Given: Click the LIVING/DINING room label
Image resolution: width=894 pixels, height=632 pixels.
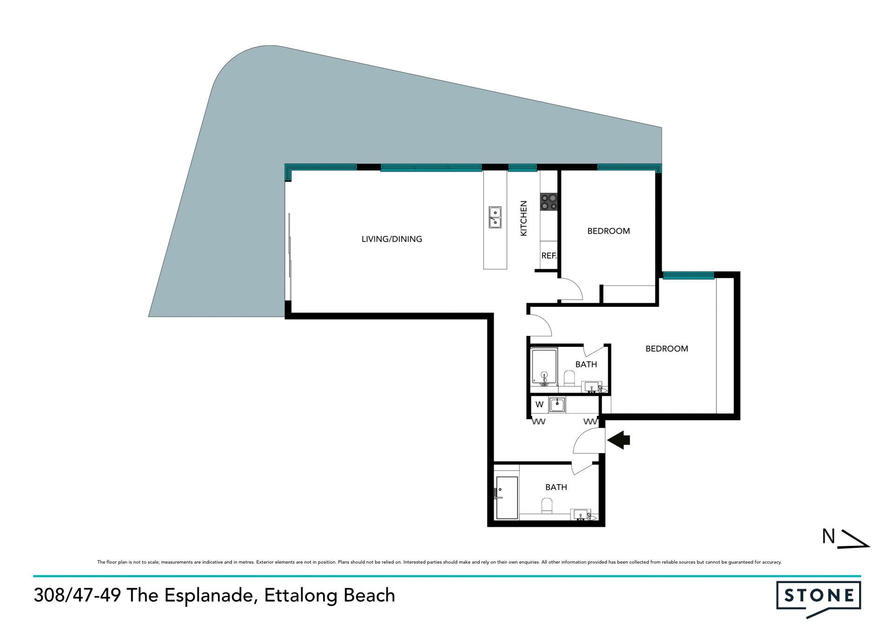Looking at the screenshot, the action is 392,239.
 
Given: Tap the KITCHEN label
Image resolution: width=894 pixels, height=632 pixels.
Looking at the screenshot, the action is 523,218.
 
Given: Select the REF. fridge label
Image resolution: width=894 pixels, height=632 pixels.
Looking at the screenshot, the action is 549,256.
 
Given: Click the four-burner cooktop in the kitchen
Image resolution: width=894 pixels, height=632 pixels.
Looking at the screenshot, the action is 549,202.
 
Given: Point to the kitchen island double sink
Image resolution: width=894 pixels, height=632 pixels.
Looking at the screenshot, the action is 495,217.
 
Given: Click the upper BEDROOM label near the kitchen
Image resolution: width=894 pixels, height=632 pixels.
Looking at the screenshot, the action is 609,231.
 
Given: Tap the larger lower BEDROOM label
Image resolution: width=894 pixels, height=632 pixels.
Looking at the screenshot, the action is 667,349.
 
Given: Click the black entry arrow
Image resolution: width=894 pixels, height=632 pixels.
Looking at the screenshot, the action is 618,440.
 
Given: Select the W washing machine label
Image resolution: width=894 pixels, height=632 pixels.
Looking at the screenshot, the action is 539,404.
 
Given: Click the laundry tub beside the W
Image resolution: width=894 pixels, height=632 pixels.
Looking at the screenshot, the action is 557,404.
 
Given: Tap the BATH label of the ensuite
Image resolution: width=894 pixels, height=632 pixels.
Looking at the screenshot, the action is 586,365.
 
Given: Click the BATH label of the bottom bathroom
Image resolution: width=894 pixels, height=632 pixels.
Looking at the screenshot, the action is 556,487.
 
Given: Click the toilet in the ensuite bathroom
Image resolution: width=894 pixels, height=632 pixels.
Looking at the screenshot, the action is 569,378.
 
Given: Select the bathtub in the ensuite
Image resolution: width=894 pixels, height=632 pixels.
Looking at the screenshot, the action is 544,367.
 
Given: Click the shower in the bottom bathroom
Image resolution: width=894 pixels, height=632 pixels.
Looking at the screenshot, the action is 507,497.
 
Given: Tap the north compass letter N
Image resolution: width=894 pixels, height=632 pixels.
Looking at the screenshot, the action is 828,537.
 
